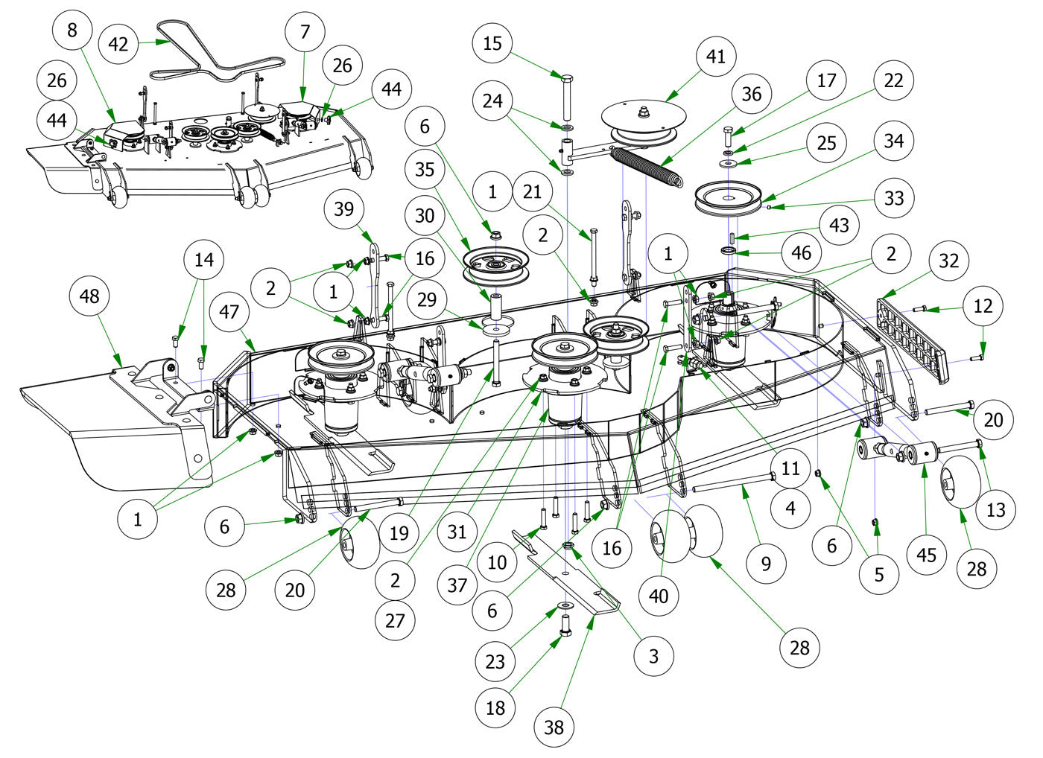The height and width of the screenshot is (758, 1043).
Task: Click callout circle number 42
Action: click(118, 43)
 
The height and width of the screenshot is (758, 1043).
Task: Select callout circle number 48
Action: click(89, 296)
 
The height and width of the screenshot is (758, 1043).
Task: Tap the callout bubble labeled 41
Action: click(716, 57)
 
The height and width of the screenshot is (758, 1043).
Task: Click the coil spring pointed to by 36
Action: click(647, 165)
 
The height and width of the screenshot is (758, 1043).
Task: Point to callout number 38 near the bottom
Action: click(554, 726)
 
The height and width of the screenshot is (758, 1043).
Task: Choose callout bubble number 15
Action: click(492, 43)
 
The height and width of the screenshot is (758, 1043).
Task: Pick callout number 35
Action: click(425, 169)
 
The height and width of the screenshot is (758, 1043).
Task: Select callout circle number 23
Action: click(495, 661)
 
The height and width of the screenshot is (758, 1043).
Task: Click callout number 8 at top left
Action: click(72, 31)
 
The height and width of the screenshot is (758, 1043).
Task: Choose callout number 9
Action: click(766, 564)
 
